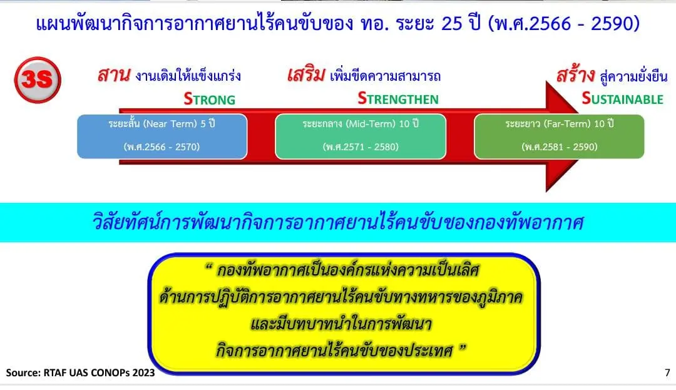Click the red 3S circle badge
pyautogui.click(x=38, y=80)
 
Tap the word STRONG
pyautogui.click(x=210, y=99)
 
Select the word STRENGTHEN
pyautogui.click(x=398, y=99)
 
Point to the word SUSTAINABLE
pyautogui.click(x=623, y=99)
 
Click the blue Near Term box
pyautogui.click(x=162, y=136)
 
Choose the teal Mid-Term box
pyautogui.click(x=361, y=136)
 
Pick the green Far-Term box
pyautogui.click(x=559, y=136)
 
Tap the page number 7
pyautogui.click(x=667, y=372)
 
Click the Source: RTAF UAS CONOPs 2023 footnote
pyautogui.click(x=80, y=372)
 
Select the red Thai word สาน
pyautogui.click(x=113, y=75)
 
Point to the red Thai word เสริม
pyautogui.click(x=306, y=75)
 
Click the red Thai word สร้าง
pyautogui.click(x=575, y=75)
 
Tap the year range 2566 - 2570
pyautogui.click(x=162, y=147)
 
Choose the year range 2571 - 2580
pyautogui.click(x=361, y=147)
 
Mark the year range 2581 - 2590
pyautogui.click(x=559, y=147)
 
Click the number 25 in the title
pyautogui.click(x=452, y=24)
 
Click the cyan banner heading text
pyautogui.click(x=338, y=222)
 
